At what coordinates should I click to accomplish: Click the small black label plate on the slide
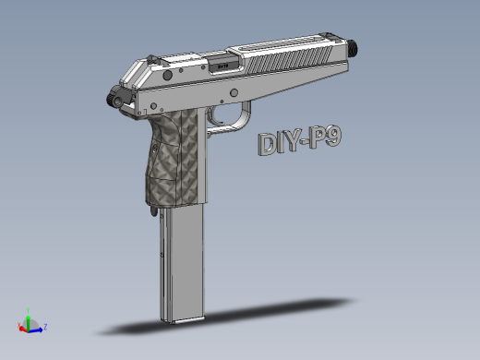point(222,66)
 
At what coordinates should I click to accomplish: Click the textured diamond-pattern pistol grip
point(175,157)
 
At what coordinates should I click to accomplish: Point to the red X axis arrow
point(21,327)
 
